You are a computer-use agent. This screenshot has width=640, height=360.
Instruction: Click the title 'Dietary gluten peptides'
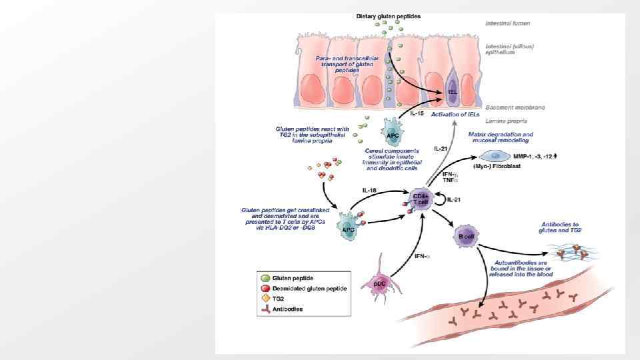click(388, 15)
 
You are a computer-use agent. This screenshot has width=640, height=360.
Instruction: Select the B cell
click(465, 237)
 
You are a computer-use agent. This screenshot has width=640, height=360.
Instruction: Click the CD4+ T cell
click(420, 199)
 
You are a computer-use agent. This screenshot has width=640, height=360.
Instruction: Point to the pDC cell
click(377, 283)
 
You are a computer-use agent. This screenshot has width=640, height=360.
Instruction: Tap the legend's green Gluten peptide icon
click(265, 277)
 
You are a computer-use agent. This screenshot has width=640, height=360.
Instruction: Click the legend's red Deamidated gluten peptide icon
click(265, 288)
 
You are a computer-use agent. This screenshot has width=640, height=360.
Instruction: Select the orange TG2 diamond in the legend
click(265, 299)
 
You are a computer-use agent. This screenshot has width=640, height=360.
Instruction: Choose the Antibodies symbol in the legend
click(265, 309)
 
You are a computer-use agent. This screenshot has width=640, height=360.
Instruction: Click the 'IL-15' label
click(417, 114)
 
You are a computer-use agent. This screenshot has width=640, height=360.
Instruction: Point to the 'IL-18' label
click(370, 190)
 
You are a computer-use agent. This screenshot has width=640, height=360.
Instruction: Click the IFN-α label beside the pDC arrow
click(421, 255)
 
